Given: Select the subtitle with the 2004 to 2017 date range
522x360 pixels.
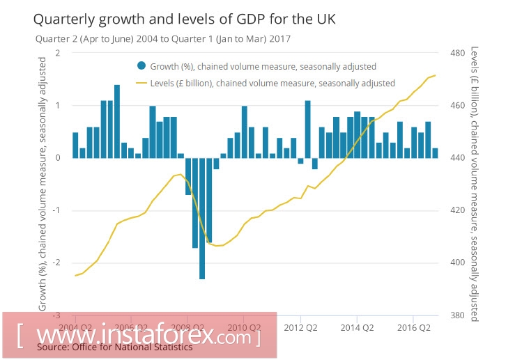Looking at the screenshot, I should click(x=163, y=39).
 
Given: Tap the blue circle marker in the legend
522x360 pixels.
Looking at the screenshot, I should click(x=141, y=66).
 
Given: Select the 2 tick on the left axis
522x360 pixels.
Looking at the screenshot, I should click(x=57, y=53).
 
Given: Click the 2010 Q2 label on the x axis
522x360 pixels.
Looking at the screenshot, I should click(x=245, y=327).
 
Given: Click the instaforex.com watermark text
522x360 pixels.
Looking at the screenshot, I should click(x=139, y=336).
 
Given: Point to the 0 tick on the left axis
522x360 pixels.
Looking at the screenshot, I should click(x=57, y=158).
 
